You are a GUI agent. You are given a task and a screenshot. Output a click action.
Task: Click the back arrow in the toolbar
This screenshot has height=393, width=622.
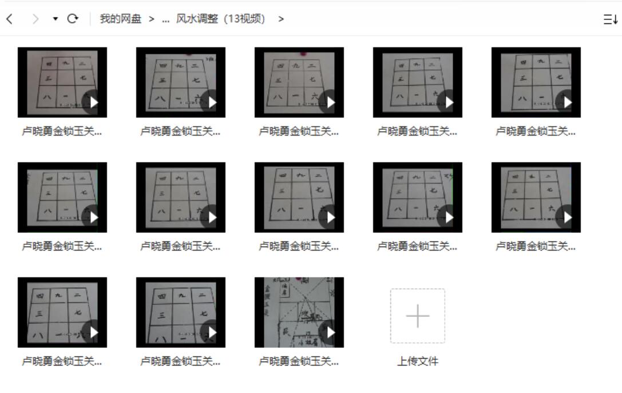(x=9, y=19)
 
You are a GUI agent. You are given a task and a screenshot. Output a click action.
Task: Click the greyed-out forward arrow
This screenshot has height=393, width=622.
(x=36, y=19)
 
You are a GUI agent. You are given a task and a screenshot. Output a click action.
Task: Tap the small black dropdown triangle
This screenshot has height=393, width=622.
(x=56, y=19)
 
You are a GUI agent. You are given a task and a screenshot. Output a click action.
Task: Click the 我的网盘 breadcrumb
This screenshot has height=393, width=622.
(x=120, y=19)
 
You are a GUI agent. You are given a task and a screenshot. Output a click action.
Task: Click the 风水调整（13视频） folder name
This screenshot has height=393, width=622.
(x=221, y=19)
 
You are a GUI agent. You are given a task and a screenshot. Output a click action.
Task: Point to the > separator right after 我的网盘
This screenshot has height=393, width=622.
(x=152, y=19)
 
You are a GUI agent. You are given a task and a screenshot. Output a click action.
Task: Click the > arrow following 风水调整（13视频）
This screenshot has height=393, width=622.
(x=281, y=19)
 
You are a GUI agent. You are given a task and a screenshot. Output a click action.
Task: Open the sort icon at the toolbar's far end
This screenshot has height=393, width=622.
(x=611, y=19)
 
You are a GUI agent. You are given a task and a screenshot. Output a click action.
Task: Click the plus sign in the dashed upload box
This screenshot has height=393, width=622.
(x=418, y=316)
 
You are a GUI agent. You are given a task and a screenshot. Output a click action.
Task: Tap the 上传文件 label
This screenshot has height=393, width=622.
(x=418, y=362)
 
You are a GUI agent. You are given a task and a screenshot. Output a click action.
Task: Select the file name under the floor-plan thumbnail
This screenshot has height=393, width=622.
(x=299, y=362)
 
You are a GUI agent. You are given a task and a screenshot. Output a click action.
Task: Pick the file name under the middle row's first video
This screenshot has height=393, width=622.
(x=62, y=247)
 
